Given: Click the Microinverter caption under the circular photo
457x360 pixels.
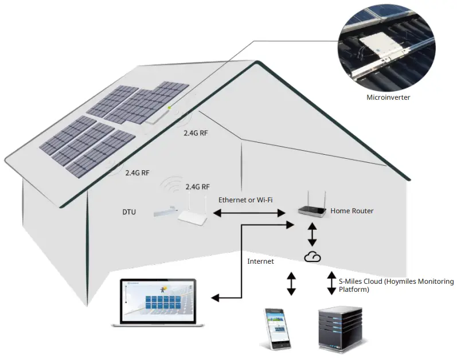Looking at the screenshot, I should [x=388, y=97].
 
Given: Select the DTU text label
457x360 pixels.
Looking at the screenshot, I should [x=129, y=212].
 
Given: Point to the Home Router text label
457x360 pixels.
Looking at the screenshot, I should [x=351, y=211].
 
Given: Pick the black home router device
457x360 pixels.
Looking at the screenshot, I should [x=311, y=210].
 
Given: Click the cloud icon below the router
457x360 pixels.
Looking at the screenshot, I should [x=313, y=257].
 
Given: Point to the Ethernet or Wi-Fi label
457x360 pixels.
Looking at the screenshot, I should [x=245, y=199].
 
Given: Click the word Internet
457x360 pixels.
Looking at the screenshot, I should [x=260, y=261].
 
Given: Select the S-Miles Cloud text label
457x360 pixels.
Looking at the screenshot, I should [x=396, y=285].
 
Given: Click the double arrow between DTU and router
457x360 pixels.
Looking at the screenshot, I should [x=250, y=213].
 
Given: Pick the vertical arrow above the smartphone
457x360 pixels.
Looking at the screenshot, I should [x=291, y=284].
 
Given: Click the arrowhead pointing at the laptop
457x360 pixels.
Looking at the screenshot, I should [x=215, y=298].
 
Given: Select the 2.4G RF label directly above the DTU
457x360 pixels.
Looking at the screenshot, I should [x=197, y=187].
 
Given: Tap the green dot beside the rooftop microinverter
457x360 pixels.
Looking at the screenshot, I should [x=169, y=107].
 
